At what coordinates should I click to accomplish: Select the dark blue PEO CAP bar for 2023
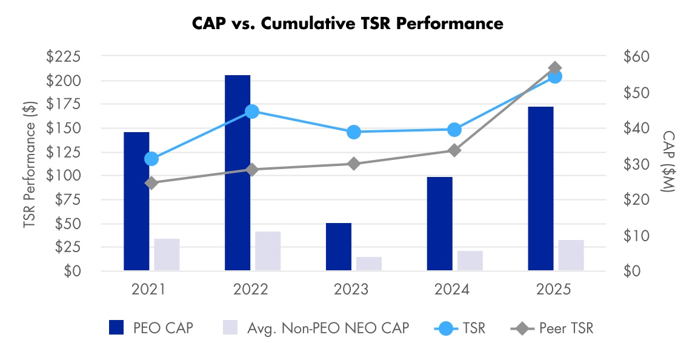(x=339, y=247)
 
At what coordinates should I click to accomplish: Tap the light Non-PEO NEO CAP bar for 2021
(x=167, y=255)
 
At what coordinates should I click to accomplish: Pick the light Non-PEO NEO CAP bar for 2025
(x=571, y=255)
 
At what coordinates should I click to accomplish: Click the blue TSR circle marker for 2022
(x=252, y=112)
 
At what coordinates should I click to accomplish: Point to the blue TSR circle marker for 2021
(x=151, y=159)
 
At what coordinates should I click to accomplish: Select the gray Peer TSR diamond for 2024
(x=454, y=150)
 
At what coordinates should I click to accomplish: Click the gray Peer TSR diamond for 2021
(x=151, y=183)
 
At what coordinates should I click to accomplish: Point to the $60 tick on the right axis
(x=636, y=57)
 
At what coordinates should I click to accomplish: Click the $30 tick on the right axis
(x=636, y=164)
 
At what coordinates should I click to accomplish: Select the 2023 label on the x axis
(x=351, y=290)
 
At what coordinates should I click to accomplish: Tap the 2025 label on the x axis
(x=554, y=290)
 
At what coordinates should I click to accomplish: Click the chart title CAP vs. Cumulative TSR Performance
(x=348, y=24)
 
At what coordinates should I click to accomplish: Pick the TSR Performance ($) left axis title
(x=28, y=164)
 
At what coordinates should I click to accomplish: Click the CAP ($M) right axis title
(x=667, y=162)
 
